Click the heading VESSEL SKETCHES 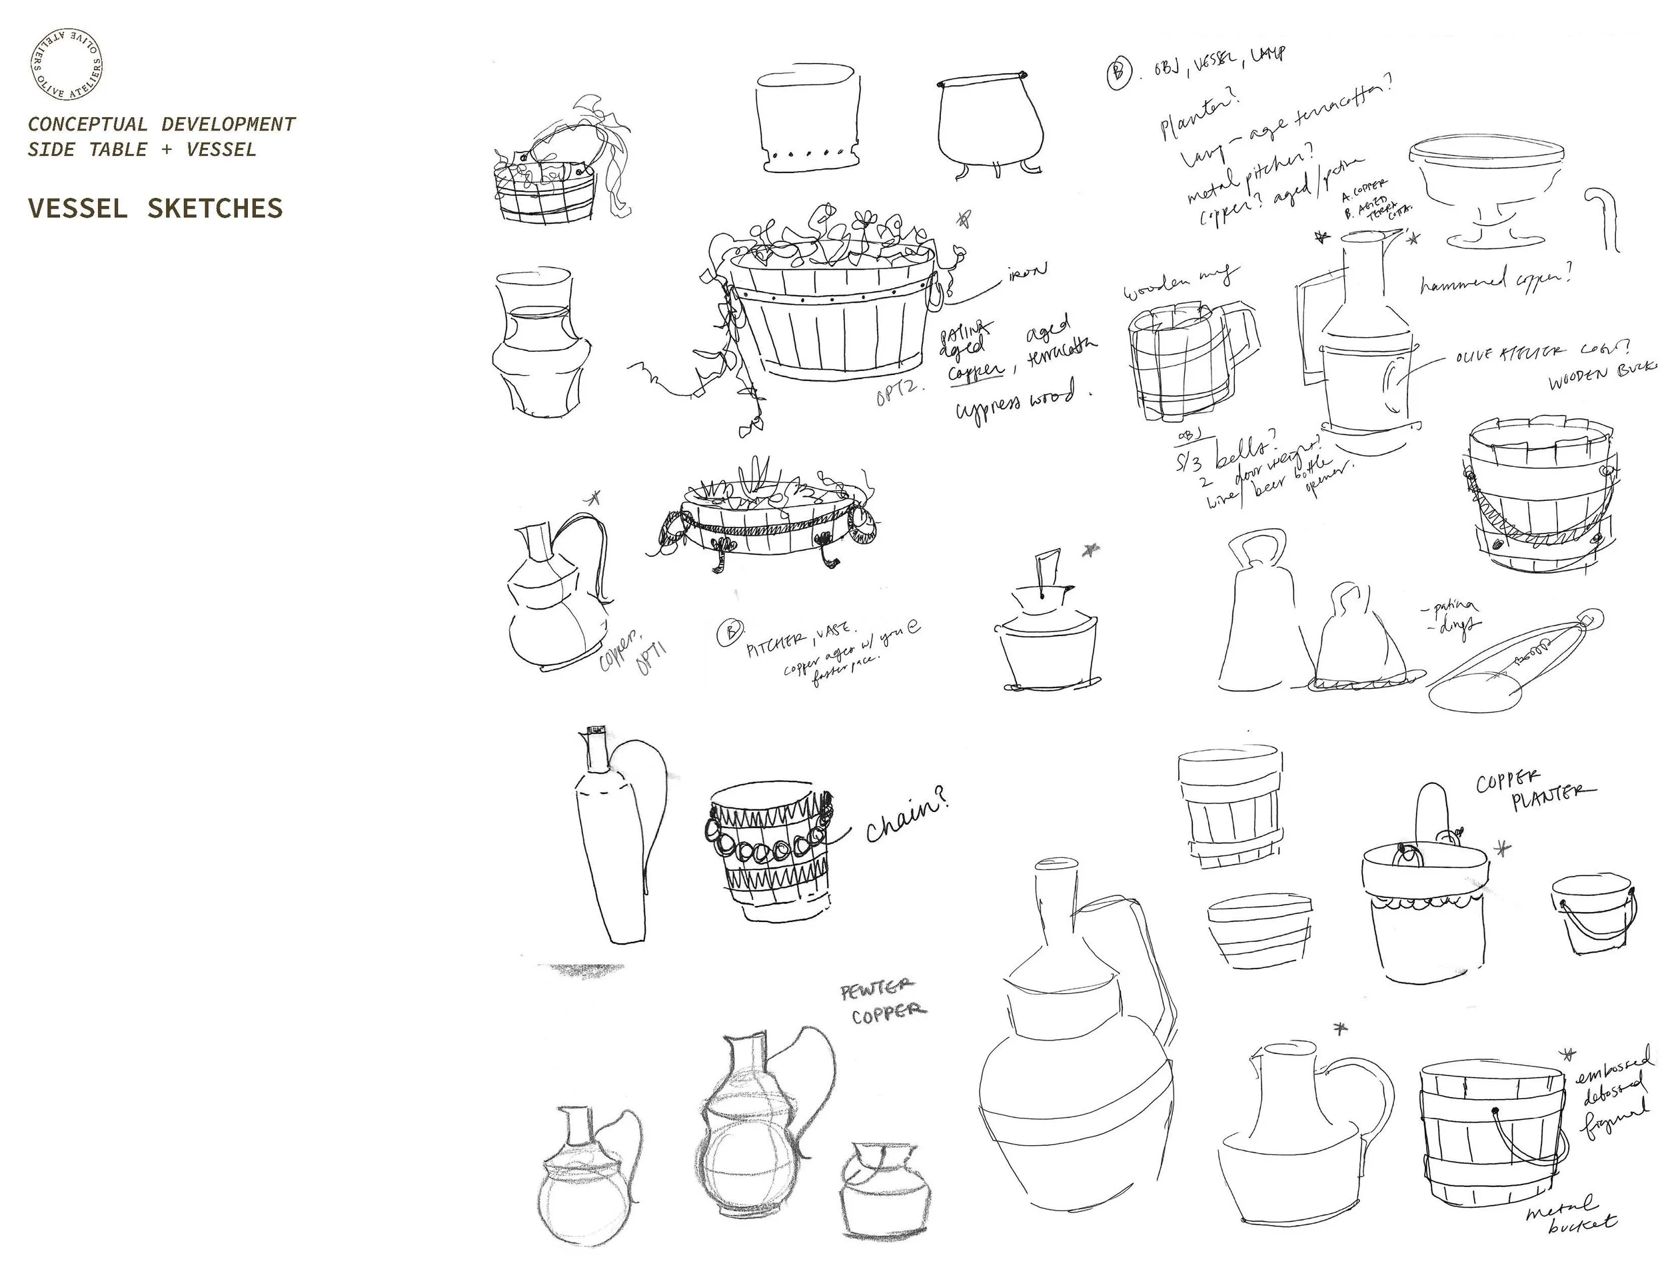pos(155,208)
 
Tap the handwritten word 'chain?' pos(908,823)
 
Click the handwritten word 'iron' pos(1028,270)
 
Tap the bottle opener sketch pos(1514,659)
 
